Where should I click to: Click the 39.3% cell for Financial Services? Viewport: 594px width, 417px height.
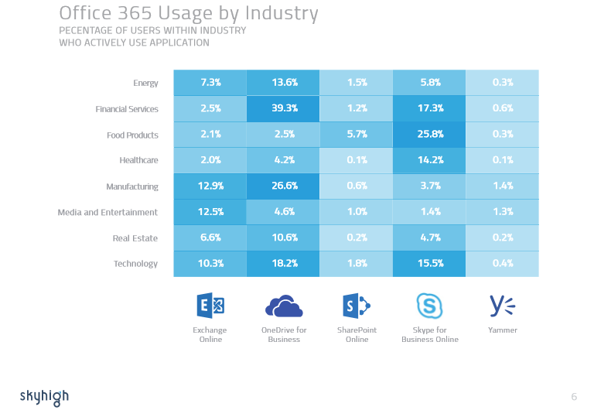pyautogui.click(x=283, y=109)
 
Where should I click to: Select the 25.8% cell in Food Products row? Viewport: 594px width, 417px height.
pyautogui.click(x=429, y=135)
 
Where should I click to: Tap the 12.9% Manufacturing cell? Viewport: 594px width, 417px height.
pyautogui.click(x=210, y=186)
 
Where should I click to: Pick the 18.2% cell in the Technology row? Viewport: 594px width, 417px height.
pyautogui.click(x=283, y=263)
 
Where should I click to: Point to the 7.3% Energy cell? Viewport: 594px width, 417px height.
pyautogui.click(x=210, y=83)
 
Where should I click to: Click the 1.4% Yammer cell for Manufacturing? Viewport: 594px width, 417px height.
pyautogui.click(x=503, y=186)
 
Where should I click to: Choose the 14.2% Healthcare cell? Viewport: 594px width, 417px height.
pyautogui.click(x=429, y=160)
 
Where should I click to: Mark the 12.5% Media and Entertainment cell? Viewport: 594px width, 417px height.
pyautogui.click(x=210, y=212)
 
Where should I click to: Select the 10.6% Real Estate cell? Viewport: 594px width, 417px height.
pyautogui.click(x=283, y=238)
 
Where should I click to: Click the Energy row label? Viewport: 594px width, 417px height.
pyautogui.click(x=145, y=83)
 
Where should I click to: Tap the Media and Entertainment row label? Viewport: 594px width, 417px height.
pyautogui.click(x=108, y=212)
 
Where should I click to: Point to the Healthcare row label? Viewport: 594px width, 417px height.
pyautogui.click(x=138, y=160)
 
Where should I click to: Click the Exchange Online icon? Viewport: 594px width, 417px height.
pyautogui.click(x=210, y=306)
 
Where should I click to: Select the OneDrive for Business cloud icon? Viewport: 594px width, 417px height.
pyautogui.click(x=284, y=306)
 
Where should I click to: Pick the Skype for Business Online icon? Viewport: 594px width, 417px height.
pyautogui.click(x=429, y=306)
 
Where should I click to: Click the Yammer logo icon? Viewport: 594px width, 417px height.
pyautogui.click(x=503, y=306)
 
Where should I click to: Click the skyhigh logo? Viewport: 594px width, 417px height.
pyautogui.click(x=44, y=397)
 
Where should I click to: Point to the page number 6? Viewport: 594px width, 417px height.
pyautogui.click(x=574, y=397)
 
